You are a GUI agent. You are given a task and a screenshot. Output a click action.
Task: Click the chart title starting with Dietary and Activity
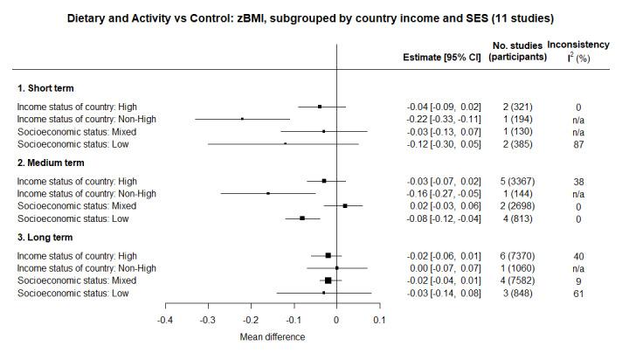pyautogui.click(x=310, y=17)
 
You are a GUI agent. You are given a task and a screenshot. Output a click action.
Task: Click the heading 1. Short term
pyautogui.click(x=46, y=88)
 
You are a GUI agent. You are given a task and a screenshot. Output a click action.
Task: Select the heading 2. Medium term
pyautogui.click(x=52, y=163)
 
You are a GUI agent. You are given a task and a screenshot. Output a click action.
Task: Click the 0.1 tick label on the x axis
pyautogui.click(x=379, y=319)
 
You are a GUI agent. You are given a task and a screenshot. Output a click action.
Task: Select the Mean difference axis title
pyautogui.click(x=273, y=336)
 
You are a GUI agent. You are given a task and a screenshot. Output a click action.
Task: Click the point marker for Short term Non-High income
pyautogui.click(x=242, y=119)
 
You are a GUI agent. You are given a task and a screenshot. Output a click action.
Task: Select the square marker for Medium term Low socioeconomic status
pyautogui.click(x=302, y=218)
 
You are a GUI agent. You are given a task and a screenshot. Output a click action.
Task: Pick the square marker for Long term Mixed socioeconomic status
pyautogui.click(x=328, y=280)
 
